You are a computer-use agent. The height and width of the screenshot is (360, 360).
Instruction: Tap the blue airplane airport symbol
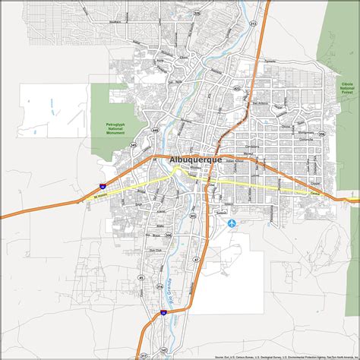pyautogui.click(x=231, y=223)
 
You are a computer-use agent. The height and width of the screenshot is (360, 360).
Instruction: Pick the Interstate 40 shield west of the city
pyautogui.click(x=103, y=185)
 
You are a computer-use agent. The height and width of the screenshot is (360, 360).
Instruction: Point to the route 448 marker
pyautogui.click(x=154, y=131)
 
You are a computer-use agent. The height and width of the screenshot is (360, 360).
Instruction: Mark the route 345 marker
pyautogui.click(x=134, y=144)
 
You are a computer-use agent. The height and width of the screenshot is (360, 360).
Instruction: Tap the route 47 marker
pyautogui.click(x=195, y=260)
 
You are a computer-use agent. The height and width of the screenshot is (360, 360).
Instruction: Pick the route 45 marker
pyautogui.click(x=141, y=278)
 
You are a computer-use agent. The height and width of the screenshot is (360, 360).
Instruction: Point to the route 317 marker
pyautogui.click(x=144, y=355)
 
